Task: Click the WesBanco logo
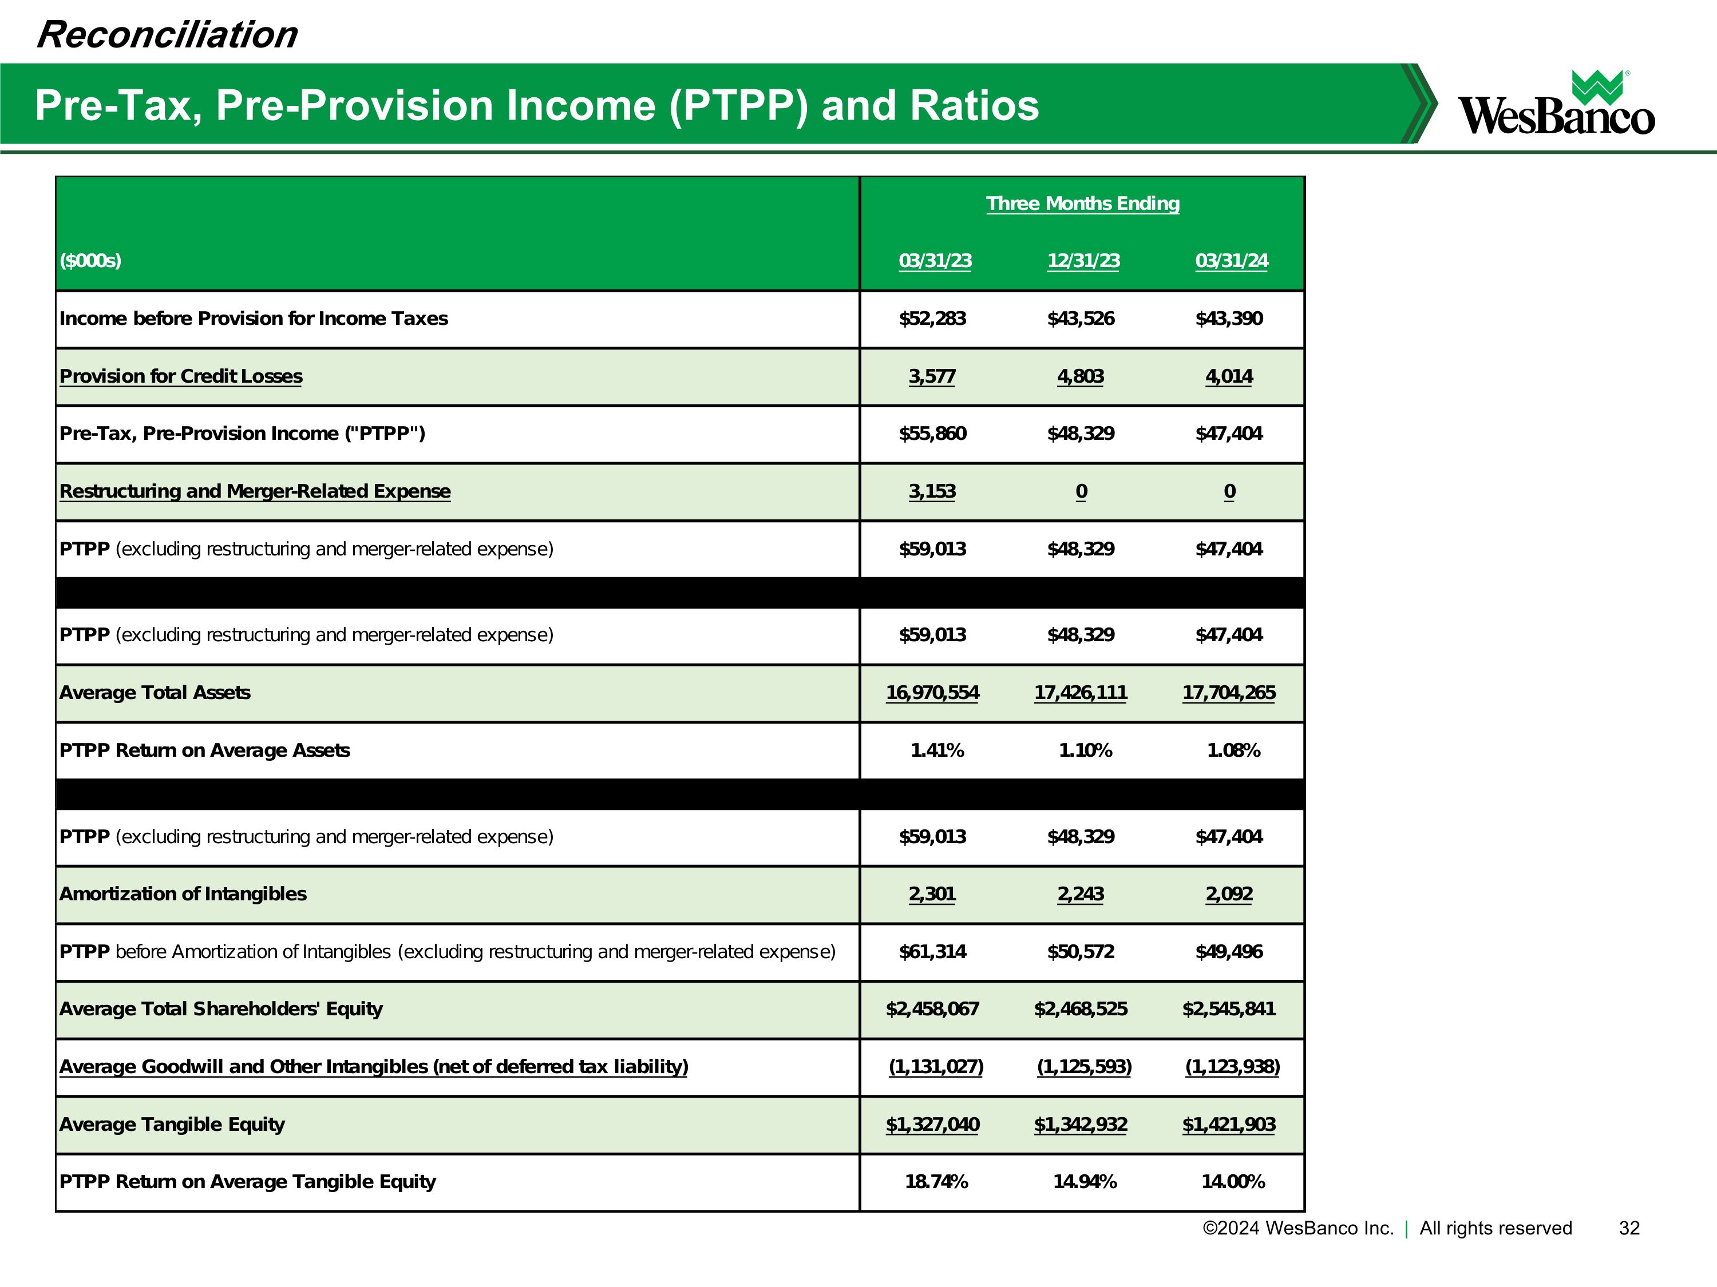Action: click(x=1556, y=104)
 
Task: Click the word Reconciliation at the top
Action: click(x=167, y=35)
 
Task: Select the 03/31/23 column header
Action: click(x=935, y=261)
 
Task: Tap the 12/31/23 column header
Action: click(x=1083, y=261)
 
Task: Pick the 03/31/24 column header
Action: click(x=1231, y=261)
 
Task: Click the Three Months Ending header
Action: click(x=1082, y=203)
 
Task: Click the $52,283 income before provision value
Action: click(x=932, y=319)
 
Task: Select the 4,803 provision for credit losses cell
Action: click(x=1080, y=376)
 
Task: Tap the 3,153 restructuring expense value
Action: click(x=932, y=491)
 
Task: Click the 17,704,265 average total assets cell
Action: click(x=1228, y=693)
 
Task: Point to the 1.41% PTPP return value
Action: click(x=936, y=750)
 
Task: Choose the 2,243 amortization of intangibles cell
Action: click(x=1080, y=893)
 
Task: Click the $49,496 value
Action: click(x=1229, y=951)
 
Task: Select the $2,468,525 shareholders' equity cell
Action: click(x=1080, y=1008)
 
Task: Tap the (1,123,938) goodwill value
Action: click(x=1232, y=1067)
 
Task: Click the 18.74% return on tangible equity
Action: click(x=936, y=1182)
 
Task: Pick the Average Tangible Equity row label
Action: click(x=172, y=1124)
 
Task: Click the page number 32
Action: click(x=1628, y=1228)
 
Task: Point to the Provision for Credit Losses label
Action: click(x=181, y=376)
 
